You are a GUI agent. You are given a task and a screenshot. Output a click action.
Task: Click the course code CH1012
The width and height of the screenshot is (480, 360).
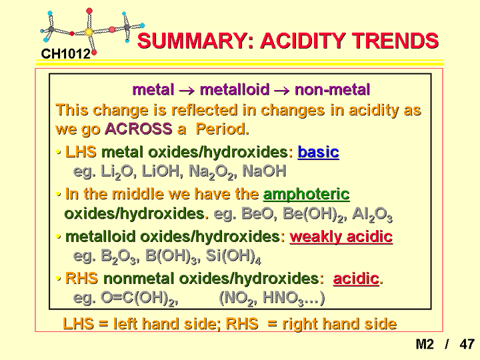[65, 54]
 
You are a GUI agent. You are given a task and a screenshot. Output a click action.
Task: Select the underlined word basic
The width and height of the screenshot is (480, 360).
[319, 152]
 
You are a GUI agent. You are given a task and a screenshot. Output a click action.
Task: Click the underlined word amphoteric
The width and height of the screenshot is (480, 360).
[307, 195]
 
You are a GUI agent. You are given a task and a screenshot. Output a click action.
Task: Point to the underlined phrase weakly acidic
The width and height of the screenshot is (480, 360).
[341, 237]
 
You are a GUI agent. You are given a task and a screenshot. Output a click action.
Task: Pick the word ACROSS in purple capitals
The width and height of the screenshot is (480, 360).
[139, 129]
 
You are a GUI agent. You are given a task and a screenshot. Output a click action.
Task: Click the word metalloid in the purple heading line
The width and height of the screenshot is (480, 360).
[235, 90]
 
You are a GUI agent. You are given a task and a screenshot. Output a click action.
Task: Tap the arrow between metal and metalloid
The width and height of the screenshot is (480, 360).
[187, 91]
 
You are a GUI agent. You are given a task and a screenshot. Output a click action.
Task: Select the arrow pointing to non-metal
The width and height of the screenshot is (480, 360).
[281, 91]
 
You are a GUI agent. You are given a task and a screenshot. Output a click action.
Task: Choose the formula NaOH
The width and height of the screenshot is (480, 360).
[265, 171]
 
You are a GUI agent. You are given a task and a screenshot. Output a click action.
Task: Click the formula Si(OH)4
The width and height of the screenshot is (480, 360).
[233, 256]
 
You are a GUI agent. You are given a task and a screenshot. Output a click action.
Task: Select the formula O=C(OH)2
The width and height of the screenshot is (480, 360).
[139, 298]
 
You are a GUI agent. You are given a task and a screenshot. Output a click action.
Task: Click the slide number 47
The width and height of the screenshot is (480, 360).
[467, 344]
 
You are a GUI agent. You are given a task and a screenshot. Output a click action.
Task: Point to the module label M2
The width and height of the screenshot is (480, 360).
[425, 344]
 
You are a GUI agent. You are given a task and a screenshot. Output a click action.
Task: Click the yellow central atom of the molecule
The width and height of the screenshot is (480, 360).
[89, 32]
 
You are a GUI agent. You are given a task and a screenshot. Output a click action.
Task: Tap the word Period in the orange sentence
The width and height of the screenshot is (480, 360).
[222, 129]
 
